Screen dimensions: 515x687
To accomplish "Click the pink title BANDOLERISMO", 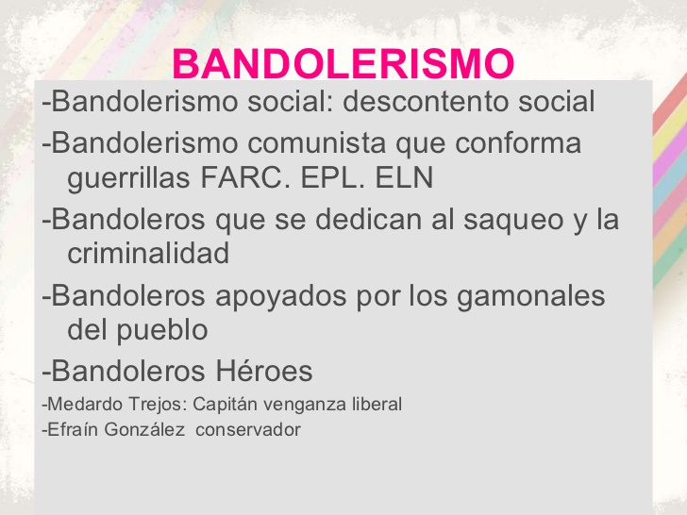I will (344, 64).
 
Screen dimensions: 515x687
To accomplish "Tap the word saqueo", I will (499, 220).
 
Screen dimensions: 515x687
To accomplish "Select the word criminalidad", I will (148, 252).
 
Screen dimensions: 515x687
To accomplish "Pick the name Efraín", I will (71, 430).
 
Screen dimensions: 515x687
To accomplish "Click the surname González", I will (142, 430).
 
